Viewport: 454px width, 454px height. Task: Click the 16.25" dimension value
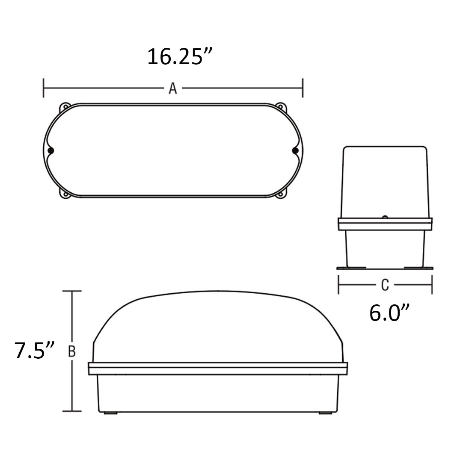(x=180, y=57)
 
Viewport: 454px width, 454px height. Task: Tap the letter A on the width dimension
(x=172, y=88)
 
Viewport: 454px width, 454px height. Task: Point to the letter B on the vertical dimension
(x=72, y=351)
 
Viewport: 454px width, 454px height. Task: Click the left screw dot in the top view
(x=51, y=150)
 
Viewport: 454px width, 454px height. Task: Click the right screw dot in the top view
(x=294, y=150)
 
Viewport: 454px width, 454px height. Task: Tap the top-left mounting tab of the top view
(x=65, y=106)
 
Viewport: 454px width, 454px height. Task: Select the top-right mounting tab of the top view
(x=281, y=106)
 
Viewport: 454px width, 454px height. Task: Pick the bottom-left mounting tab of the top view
(x=65, y=195)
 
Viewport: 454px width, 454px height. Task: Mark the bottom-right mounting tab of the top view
(x=281, y=195)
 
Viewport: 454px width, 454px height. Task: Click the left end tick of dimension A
(x=43, y=88)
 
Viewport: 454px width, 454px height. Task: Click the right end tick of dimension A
(x=303, y=88)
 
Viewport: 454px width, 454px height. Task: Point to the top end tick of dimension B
(x=72, y=291)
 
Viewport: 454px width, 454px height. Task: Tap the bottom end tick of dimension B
(x=72, y=411)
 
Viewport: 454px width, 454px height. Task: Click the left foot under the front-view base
(x=111, y=413)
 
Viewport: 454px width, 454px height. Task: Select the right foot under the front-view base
(x=325, y=413)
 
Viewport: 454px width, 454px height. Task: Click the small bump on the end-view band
(x=385, y=217)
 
